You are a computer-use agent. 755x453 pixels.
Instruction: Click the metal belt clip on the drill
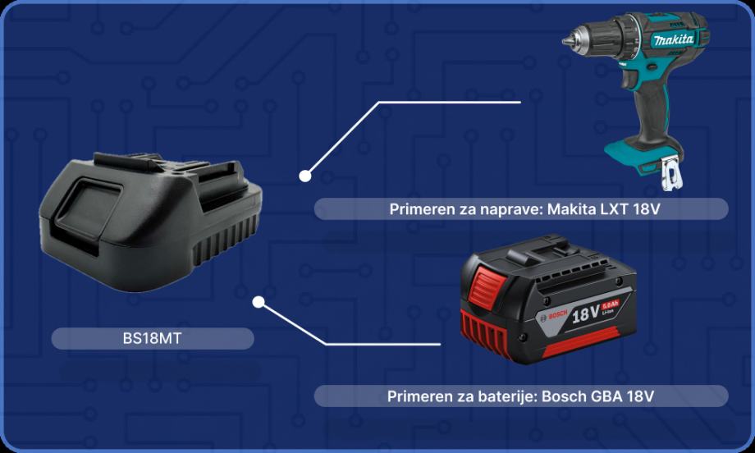coord(671,174)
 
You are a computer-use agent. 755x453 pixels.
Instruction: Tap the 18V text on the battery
coord(585,314)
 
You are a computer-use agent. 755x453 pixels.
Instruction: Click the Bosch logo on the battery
coord(556,316)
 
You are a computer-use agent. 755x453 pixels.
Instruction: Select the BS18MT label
coord(152,338)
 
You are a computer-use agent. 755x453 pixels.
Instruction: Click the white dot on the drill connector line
coord(304,176)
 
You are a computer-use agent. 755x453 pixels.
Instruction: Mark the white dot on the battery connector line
coord(259,302)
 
